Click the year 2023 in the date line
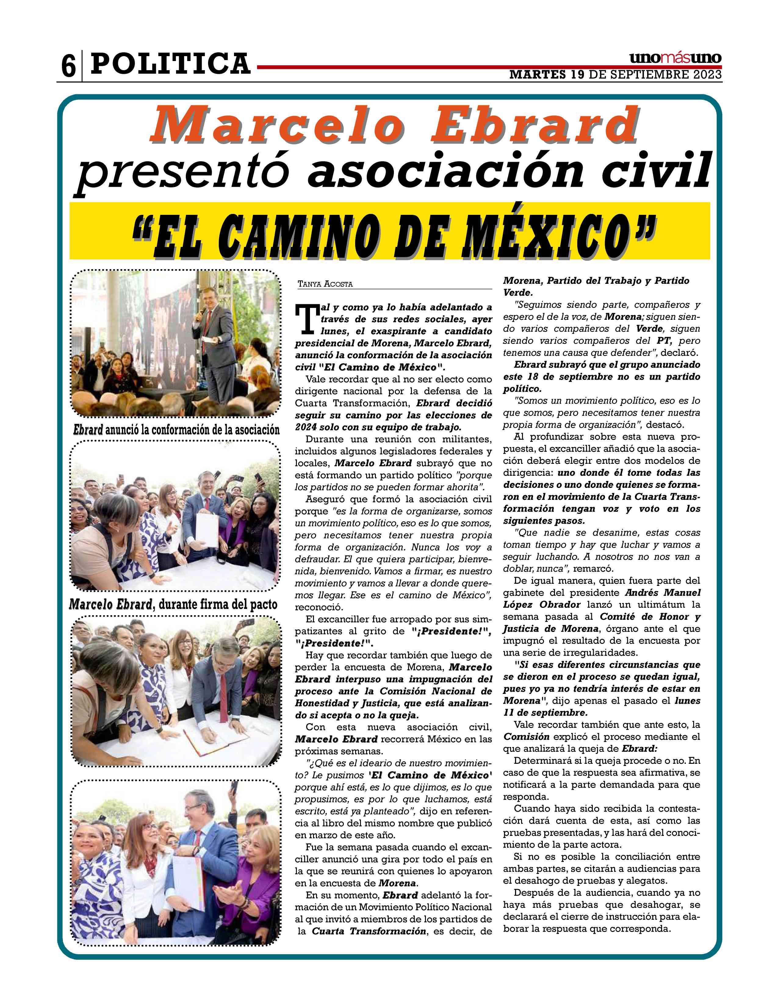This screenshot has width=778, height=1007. [708, 75]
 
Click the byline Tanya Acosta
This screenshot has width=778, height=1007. [325, 284]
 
